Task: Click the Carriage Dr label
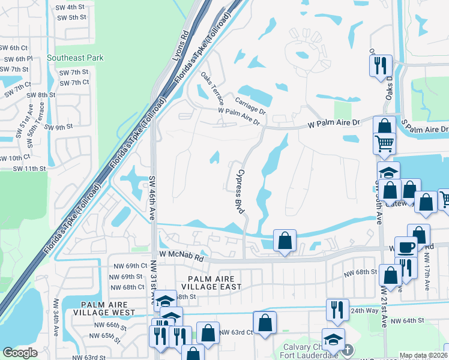pos(250,106)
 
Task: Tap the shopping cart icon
pos(385,143)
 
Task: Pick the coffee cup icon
pos(406,248)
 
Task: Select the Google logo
pos(20,353)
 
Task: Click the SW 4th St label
pos(71,7)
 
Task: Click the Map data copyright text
pos(421,355)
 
